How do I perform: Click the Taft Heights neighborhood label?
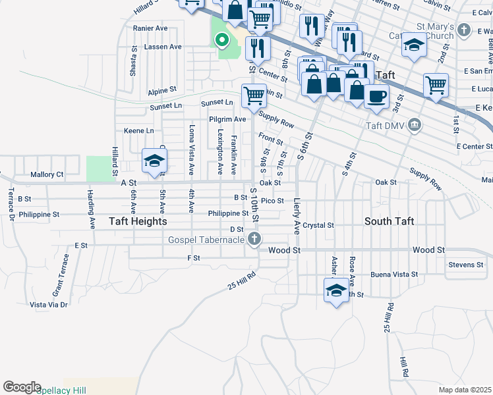coord(138,221)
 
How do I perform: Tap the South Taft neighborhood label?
coord(389,221)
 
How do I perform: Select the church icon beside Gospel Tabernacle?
coord(254,239)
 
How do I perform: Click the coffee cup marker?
coord(376,96)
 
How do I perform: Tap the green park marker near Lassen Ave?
coord(222,40)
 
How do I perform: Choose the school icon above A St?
coord(154,161)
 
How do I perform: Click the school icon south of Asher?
coord(336,290)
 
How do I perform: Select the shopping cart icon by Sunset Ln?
coord(254,95)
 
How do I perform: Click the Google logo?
coord(22,387)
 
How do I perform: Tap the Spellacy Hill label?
coord(61,390)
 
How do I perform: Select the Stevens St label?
coord(465,265)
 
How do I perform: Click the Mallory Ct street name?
coord(47,174)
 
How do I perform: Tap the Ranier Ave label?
coord(150,28)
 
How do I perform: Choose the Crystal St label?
coord(319,225)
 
